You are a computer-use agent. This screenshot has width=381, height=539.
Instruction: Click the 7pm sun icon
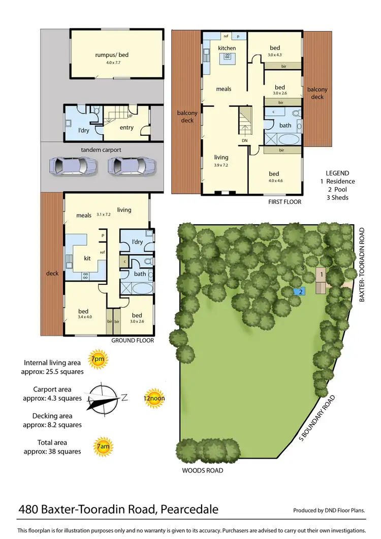97,360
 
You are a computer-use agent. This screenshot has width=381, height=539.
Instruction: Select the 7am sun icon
103,447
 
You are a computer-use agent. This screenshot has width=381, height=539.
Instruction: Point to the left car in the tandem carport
73,165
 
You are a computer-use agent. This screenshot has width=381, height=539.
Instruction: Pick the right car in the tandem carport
132,165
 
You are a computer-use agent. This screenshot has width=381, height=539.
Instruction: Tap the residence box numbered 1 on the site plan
322,275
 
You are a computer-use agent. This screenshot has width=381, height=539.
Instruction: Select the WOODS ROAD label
202,470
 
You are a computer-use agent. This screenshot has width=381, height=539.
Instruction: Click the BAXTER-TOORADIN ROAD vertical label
363,264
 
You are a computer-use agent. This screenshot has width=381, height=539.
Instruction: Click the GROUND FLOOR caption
133,341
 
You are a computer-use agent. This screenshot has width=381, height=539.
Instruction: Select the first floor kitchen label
227,48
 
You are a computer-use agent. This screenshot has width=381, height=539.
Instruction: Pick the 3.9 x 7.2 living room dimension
221,165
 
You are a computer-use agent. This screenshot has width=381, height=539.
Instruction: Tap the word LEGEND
337,172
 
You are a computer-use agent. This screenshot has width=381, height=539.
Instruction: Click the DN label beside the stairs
244,140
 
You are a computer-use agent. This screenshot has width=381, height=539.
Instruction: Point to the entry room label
126,127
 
